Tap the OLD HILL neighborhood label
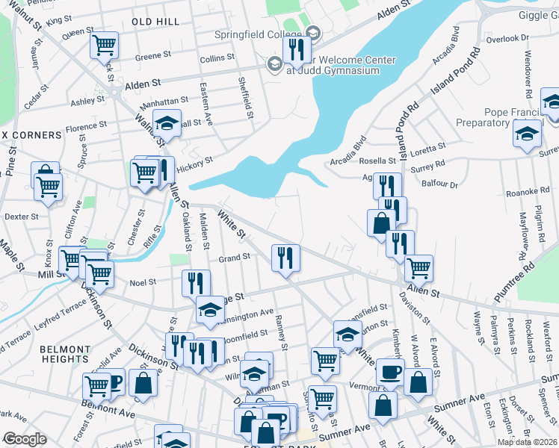[x=155, y=22]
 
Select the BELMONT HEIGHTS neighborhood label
[x=64, y=354]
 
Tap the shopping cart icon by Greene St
[x=104, y=44]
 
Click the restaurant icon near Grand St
[x=285, y=258]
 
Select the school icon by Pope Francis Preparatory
[x=526, y=134]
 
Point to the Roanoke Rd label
[x=528, y=191]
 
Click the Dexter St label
[x=22, y=217]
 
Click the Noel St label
[x=142, y=282]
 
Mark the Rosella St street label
[x=379, y=161]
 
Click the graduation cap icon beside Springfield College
[x=312, y=34]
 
